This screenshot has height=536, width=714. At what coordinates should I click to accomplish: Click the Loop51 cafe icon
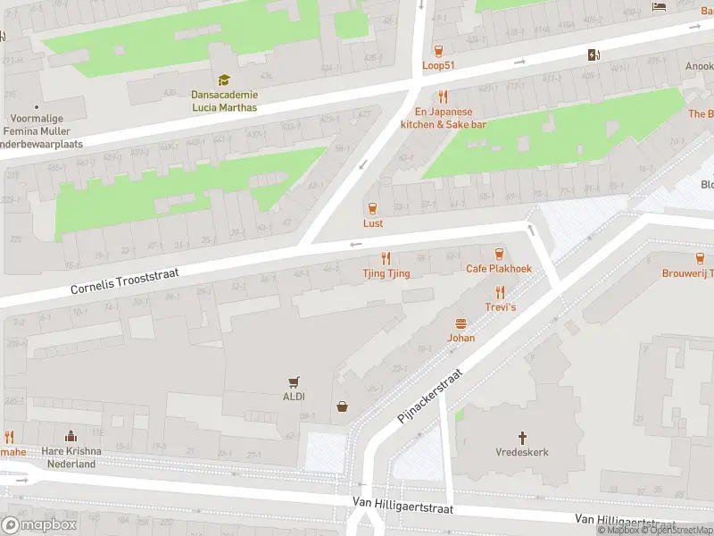click(x=438, y=50)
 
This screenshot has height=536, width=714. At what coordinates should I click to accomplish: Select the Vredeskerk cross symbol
click(x=522, y=438)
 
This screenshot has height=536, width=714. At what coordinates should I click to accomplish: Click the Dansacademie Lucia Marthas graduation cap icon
click(x=224, y=80)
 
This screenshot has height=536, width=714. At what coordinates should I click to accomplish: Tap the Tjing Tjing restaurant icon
click(x=386, y=258)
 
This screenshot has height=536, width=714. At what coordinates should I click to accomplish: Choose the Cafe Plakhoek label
click(x=498, y=269)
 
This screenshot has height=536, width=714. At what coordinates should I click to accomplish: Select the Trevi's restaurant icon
click(x=500, y=291)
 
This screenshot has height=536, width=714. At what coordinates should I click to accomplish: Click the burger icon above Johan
click(x=461, y=323)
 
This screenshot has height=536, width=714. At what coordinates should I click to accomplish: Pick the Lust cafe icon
click(x=373, y=208)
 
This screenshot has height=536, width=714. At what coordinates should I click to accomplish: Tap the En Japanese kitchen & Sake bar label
click(x=443, y=118)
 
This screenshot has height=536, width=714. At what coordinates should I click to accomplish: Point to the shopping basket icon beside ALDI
click(x=342, y=407)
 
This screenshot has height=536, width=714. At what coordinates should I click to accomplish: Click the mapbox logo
click(x=39, y=525)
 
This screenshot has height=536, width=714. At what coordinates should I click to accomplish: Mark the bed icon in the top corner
click(x=660, y=6)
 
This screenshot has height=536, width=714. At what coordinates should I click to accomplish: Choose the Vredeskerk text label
click(x=522, y=452)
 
